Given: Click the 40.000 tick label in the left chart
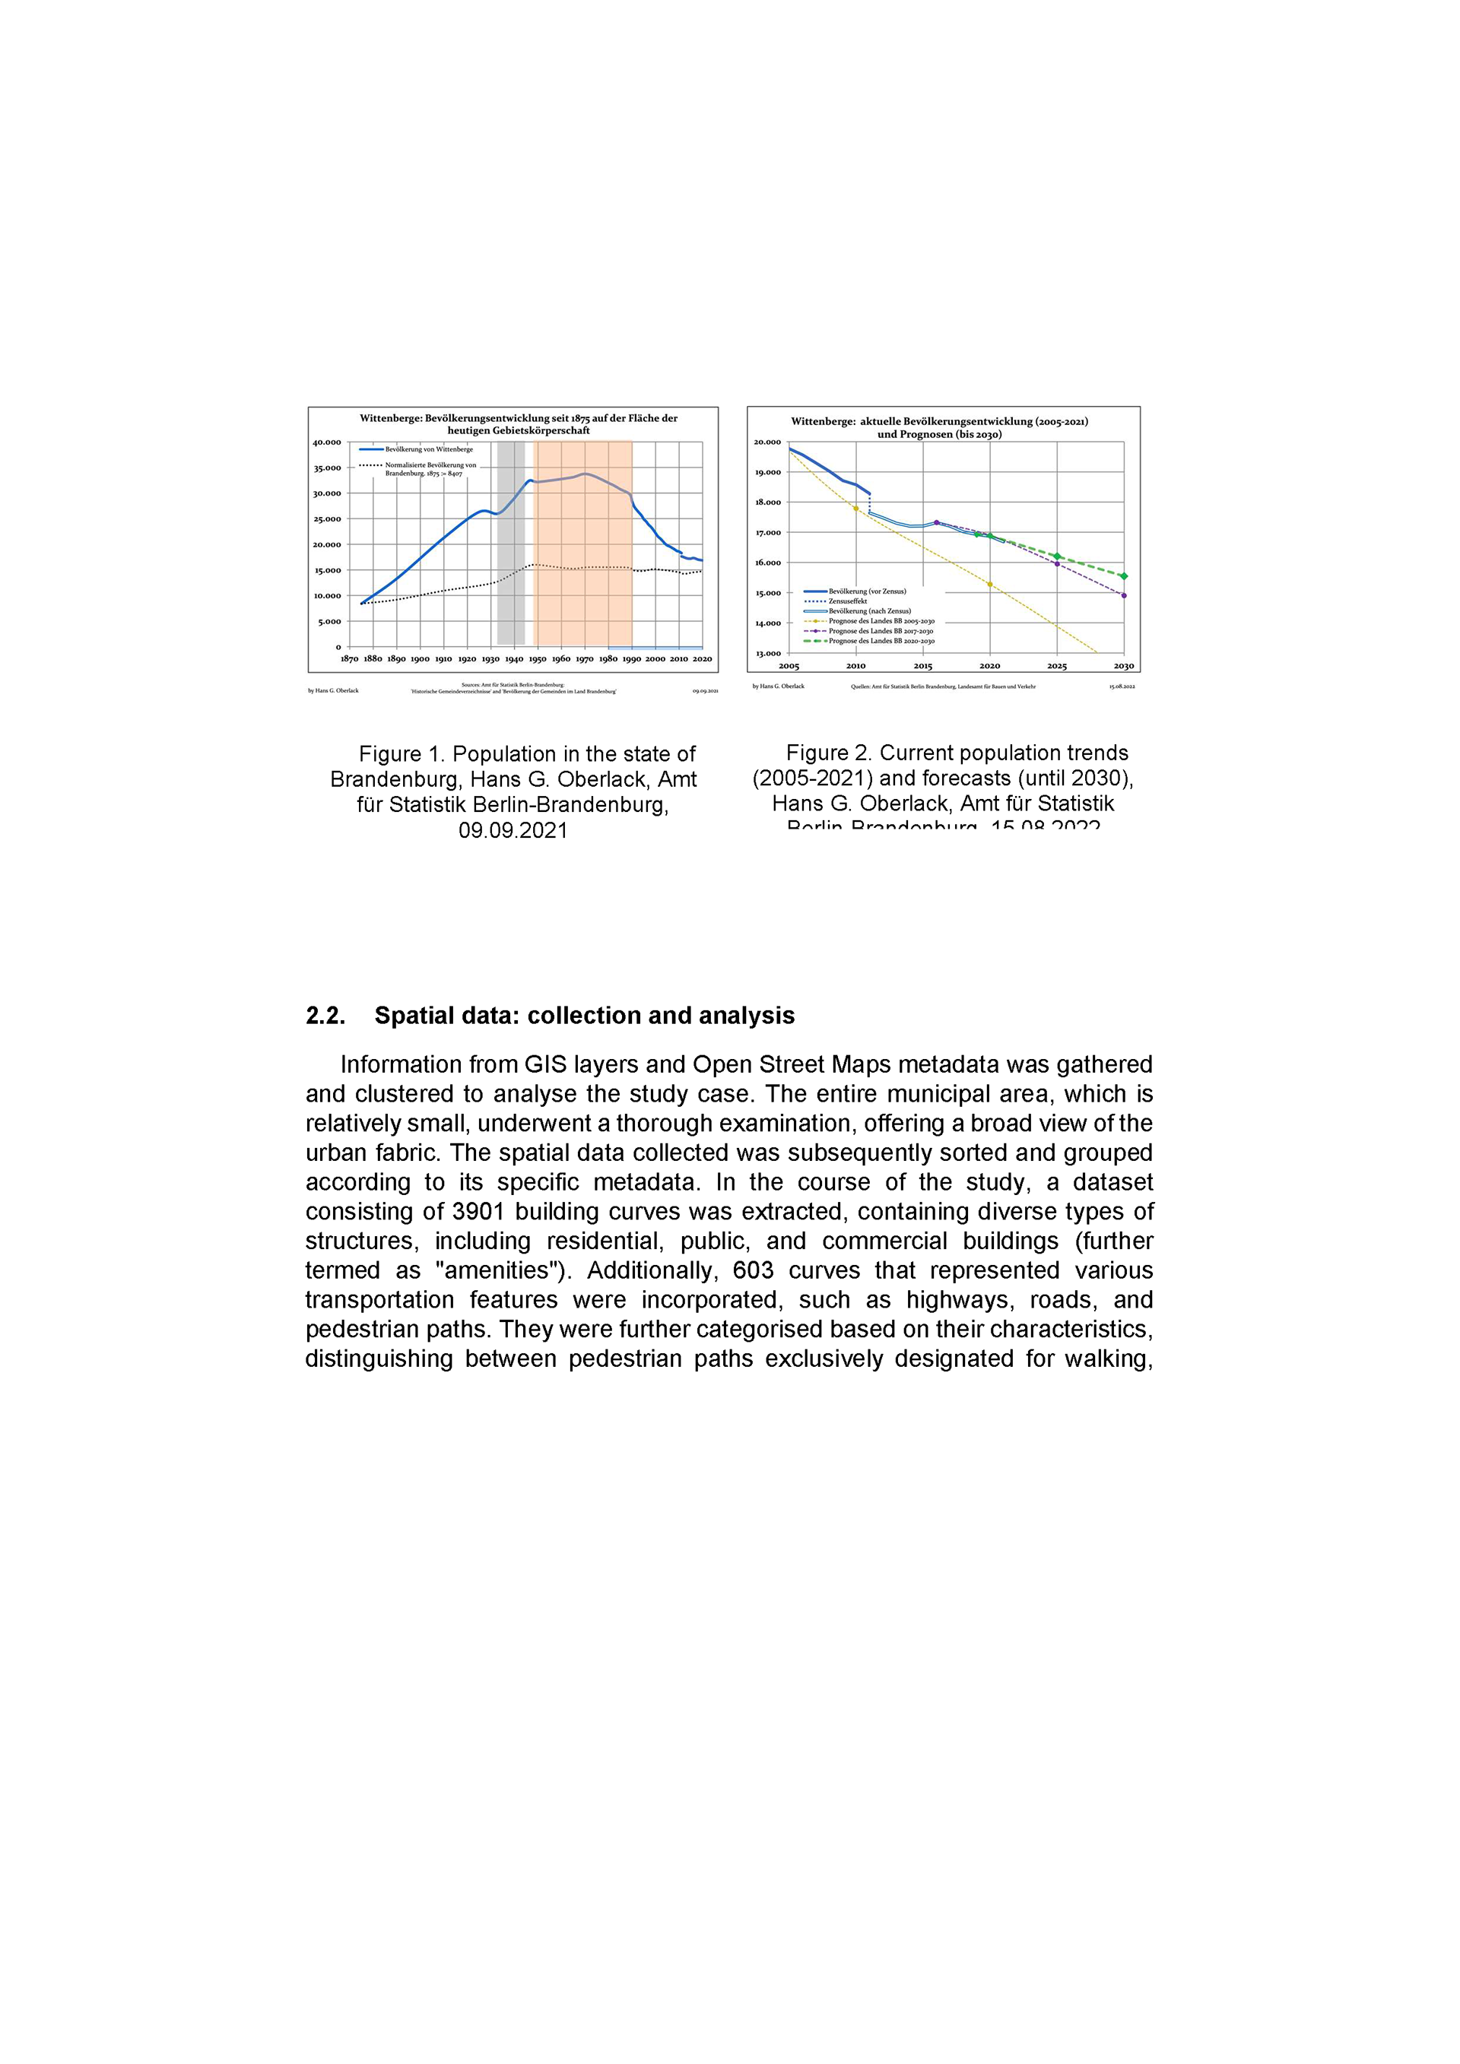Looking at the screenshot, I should [326, 442].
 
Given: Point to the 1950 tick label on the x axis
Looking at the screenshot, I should [538, 659].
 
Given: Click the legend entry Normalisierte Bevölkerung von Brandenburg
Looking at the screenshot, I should [430, 468].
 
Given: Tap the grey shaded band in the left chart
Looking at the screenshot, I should [511, 575].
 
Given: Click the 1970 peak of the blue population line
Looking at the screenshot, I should [586, 474].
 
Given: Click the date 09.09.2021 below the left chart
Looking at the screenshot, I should [705, 690].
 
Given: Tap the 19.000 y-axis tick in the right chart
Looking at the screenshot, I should [768, 472].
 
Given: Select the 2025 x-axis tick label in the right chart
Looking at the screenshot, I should [1056, 666].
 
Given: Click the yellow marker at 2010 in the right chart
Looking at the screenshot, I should [856, 509].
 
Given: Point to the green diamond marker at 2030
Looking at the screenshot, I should [1124, 576].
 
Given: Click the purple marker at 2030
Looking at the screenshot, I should [1124, 595].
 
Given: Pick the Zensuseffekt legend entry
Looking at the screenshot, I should [847, 601].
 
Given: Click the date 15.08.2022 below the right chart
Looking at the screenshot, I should [1122, 686].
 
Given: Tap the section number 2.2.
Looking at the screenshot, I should [325, 1016].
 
